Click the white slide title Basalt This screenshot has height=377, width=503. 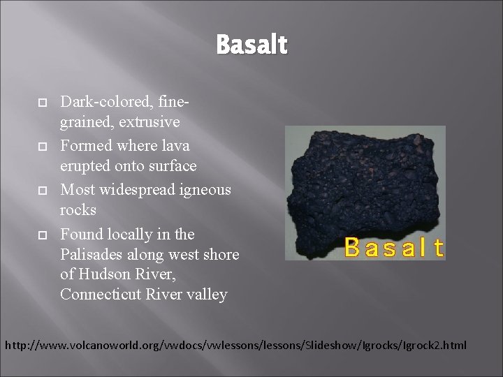[251, 46]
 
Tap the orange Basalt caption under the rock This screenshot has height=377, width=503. [394, 246]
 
